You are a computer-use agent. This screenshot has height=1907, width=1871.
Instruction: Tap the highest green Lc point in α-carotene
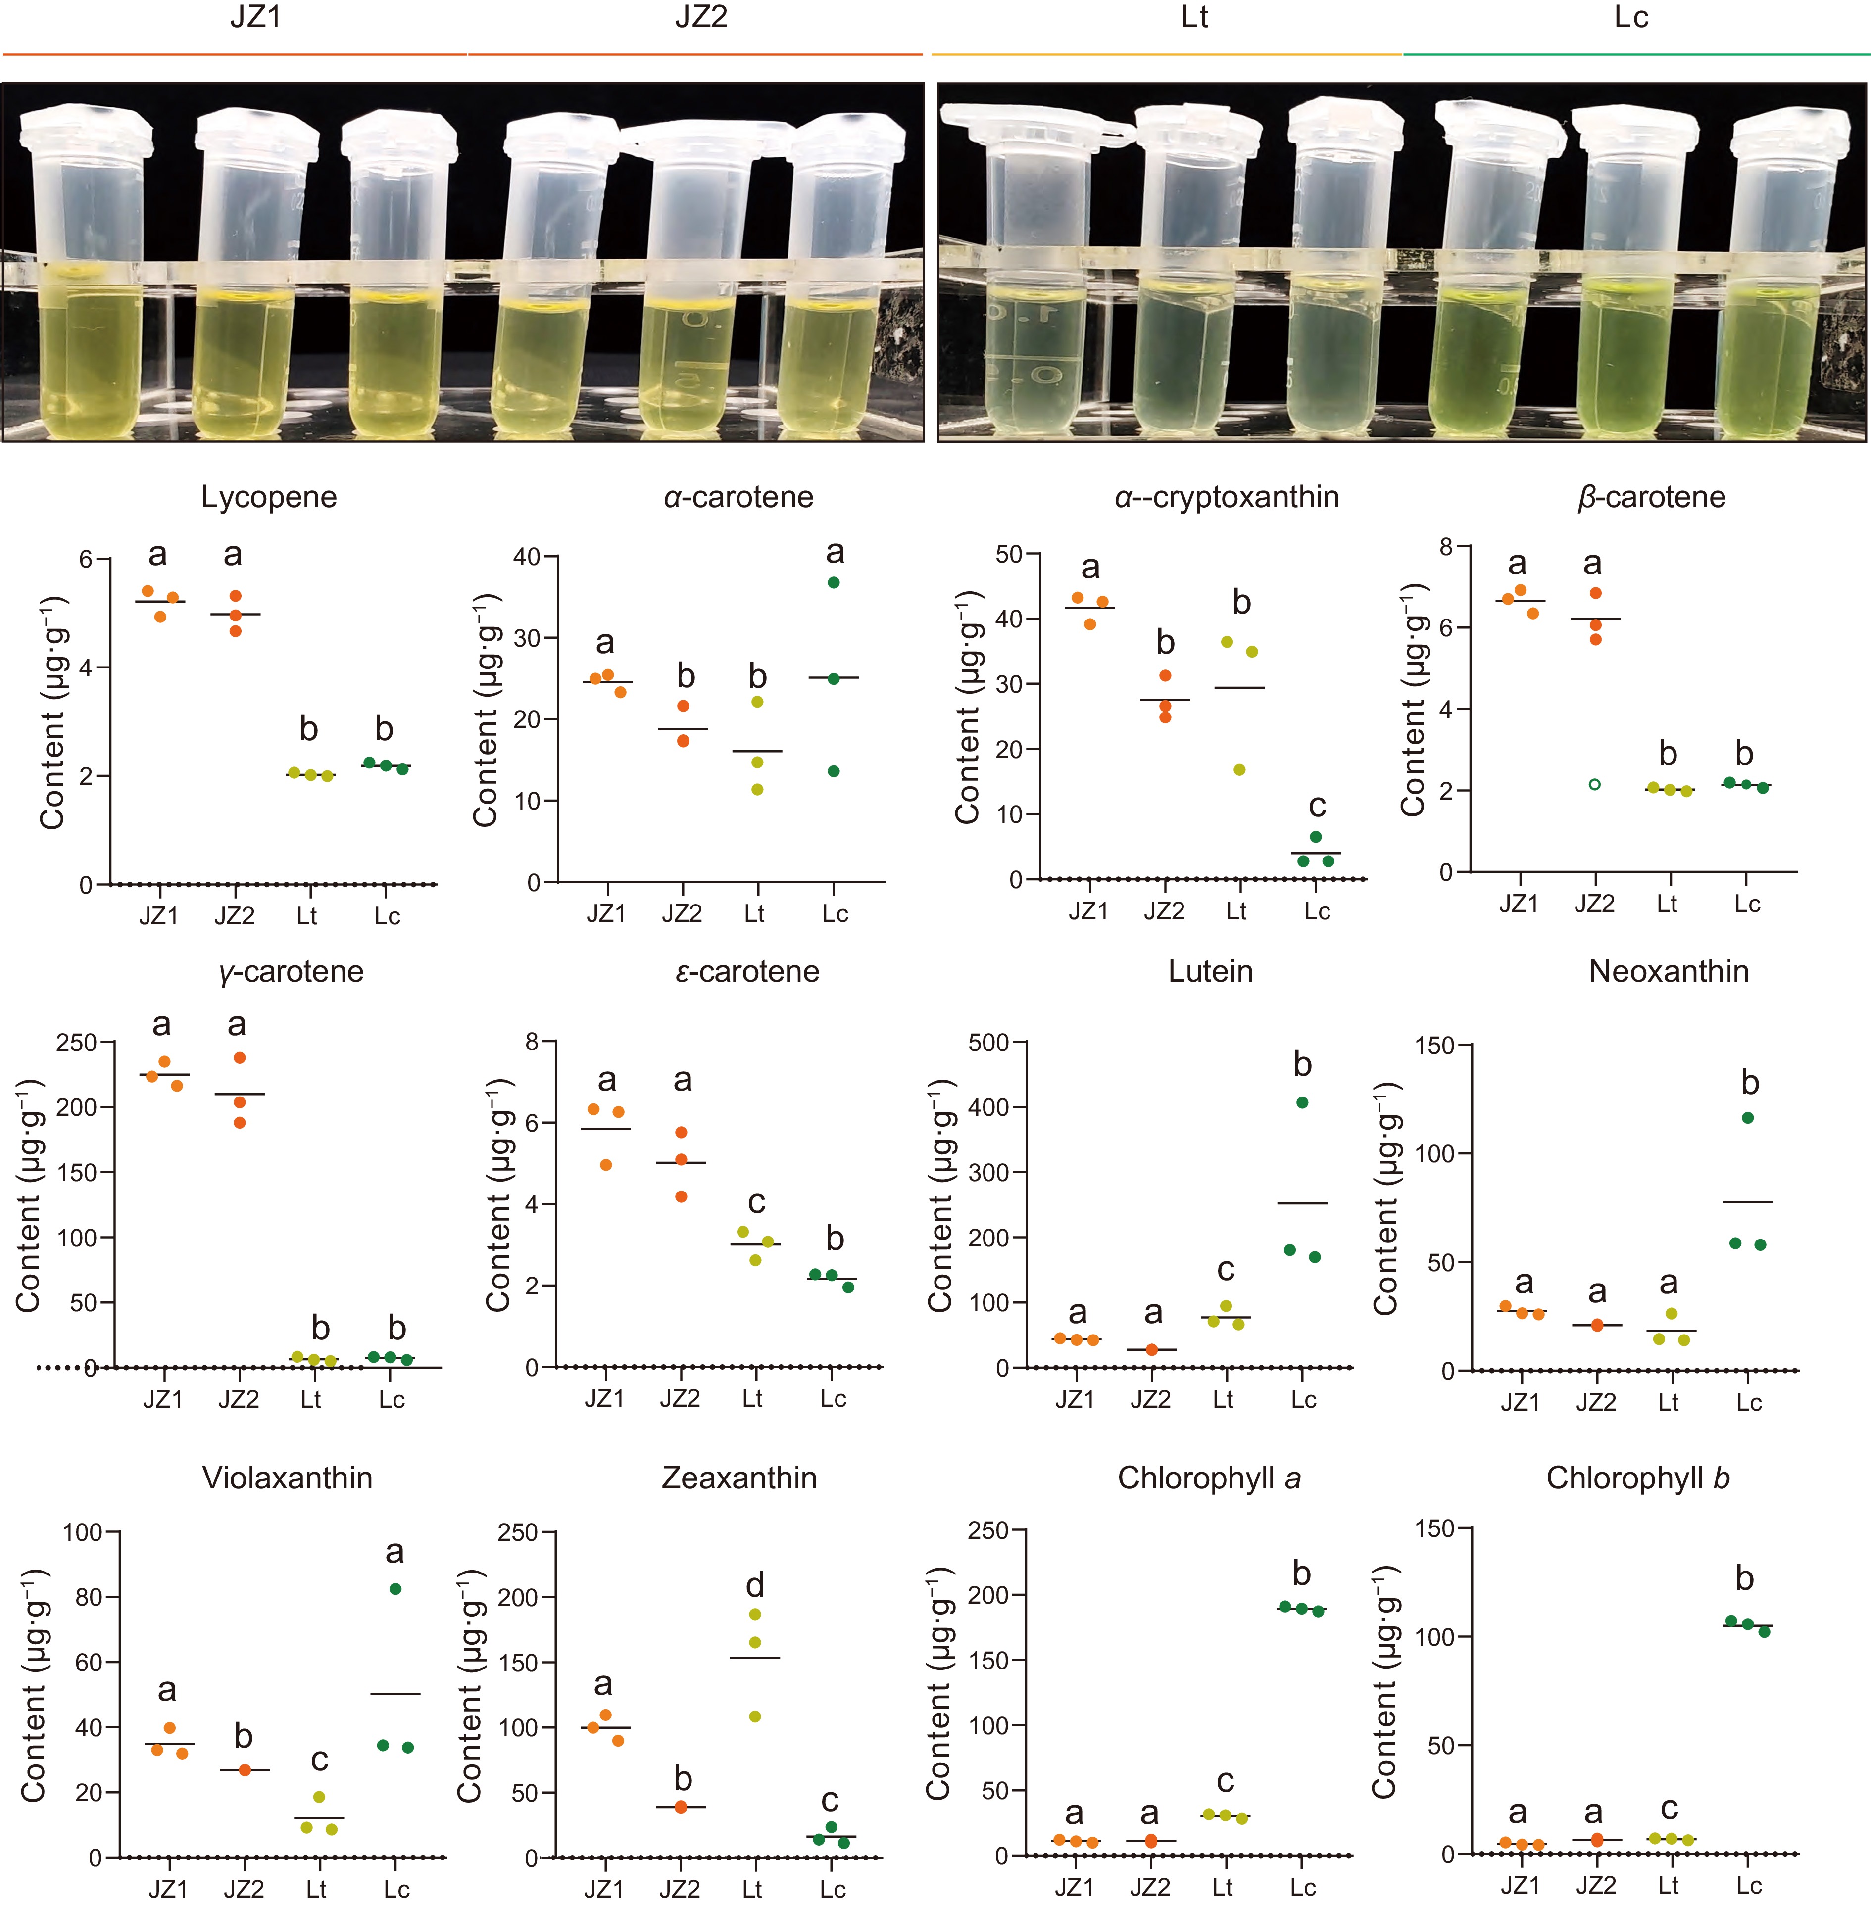(x=834, y=582)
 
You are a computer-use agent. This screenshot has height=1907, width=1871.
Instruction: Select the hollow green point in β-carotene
(x=1595, y=784)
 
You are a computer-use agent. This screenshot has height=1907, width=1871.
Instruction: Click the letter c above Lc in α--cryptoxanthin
(x=1317, y=807)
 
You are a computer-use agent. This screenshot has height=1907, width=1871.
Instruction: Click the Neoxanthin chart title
(x=1669, y=972)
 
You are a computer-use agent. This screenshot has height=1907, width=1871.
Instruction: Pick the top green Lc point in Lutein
(x=1302, y=1102)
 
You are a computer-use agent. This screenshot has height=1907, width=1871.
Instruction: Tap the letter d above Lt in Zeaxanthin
(x=755, y=1586)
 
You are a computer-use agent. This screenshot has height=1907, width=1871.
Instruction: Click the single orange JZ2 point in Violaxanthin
(x=245, y=1769)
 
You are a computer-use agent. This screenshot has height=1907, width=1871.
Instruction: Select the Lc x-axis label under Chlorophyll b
(x=1748, y=1885)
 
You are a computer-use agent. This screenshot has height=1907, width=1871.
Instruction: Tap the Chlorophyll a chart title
(x=1209, y=1478)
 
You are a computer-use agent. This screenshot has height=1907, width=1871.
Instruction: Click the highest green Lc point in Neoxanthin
(x=1747, y=1117)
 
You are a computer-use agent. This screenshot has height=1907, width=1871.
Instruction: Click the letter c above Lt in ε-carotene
(x=756, y=1202)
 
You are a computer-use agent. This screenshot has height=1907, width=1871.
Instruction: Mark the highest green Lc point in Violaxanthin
(x=395, y=1589)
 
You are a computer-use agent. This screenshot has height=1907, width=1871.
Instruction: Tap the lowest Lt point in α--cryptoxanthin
(x=1239, y=769)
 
